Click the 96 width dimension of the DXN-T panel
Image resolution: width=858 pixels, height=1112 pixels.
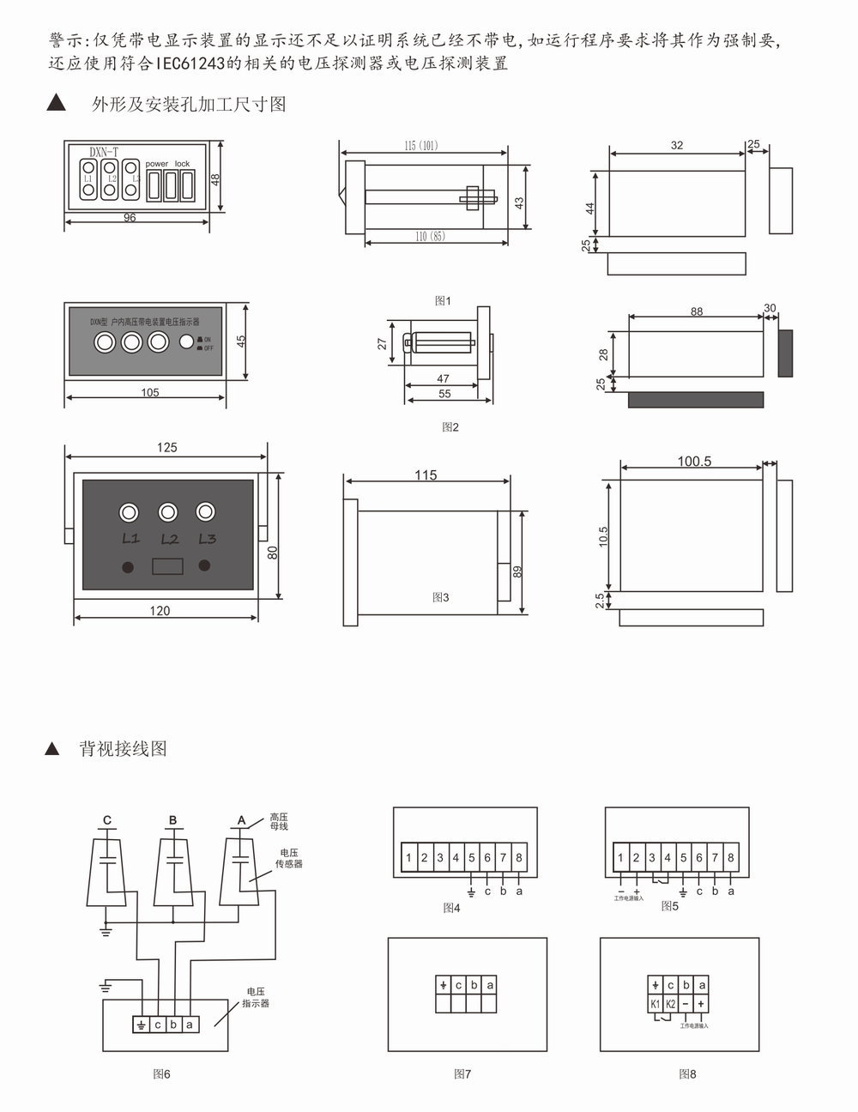coord(130,218)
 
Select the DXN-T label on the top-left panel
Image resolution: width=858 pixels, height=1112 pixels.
coord(105,152)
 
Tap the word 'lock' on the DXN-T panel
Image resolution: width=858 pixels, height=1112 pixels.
coord(182,164)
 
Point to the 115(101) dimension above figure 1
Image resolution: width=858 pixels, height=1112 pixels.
coord(420,146)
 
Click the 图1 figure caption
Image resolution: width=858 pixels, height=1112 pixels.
coord(443,301)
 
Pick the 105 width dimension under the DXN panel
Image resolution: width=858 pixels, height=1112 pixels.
coord(150,392)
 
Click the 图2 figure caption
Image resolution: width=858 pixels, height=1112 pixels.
coord(450,427)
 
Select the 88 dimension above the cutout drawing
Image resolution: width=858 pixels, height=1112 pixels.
coord(697,311)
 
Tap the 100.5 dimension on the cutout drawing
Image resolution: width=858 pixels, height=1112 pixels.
coord(694,462)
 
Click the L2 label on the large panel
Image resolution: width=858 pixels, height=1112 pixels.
coord(169,540)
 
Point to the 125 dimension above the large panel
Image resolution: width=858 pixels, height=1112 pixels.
coord(167,447)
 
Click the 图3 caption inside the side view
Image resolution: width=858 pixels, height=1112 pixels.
coord(440,597)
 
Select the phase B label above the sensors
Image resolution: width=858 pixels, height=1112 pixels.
coord(172,820)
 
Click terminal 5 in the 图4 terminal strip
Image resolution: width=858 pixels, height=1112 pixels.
coord(471,857)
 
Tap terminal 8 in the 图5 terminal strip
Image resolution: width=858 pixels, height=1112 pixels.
coord(730,857)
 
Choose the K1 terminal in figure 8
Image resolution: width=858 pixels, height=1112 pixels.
coord(655,1004)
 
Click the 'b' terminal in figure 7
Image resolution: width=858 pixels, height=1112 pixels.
coord(474,985)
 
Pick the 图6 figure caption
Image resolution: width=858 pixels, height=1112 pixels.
coord(161,1073)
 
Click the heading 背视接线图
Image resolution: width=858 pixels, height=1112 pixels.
coord(123,748)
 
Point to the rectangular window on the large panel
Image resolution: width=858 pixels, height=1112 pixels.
coord(167,566)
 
